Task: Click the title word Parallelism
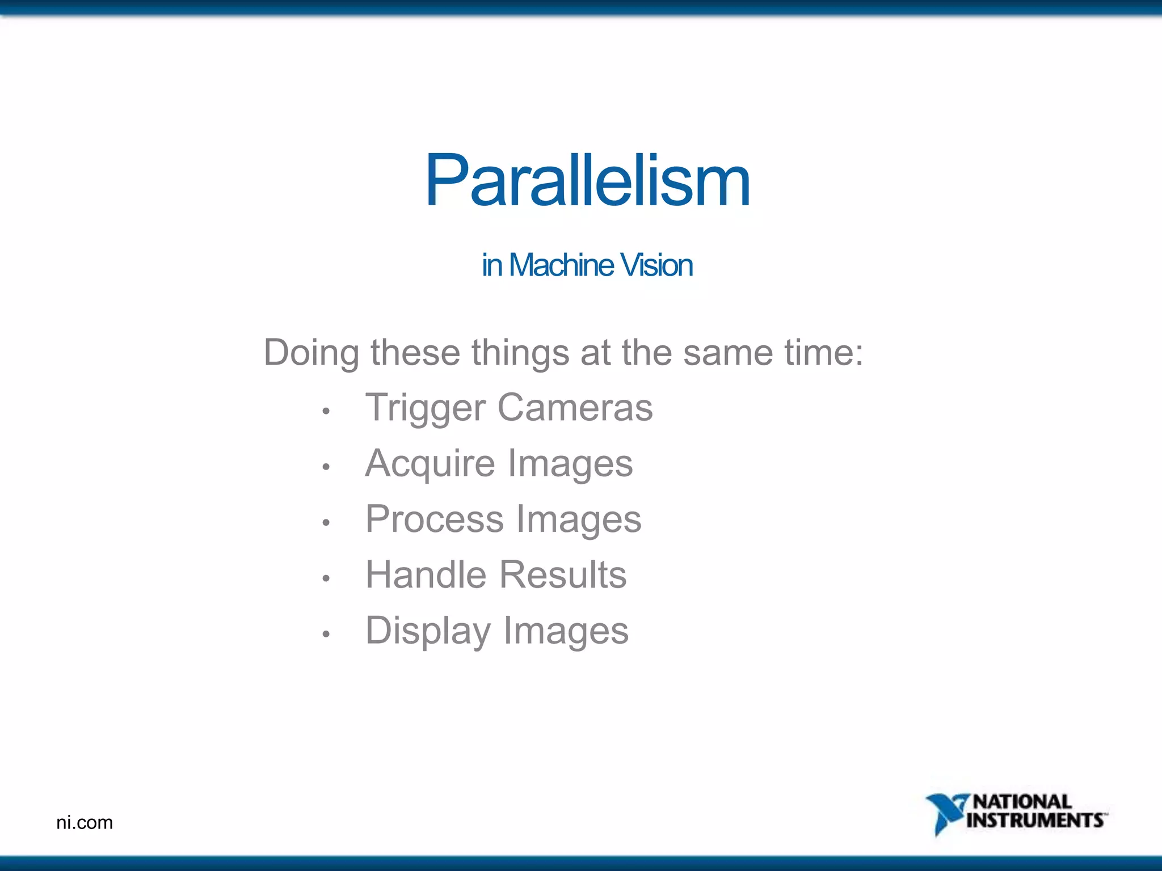click(x=587, y=181)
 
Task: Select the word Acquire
click(x=430, y=464)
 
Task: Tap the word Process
click(x=434, y=519)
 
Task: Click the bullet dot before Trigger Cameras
click(x=326, y=411)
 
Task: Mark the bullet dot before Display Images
click(x=326, y=634)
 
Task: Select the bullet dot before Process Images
click(x=326, y=522)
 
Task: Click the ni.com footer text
click(x=85, y=823)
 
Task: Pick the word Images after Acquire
click(x=570, y=464)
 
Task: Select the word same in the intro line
click(x=727, y=353)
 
